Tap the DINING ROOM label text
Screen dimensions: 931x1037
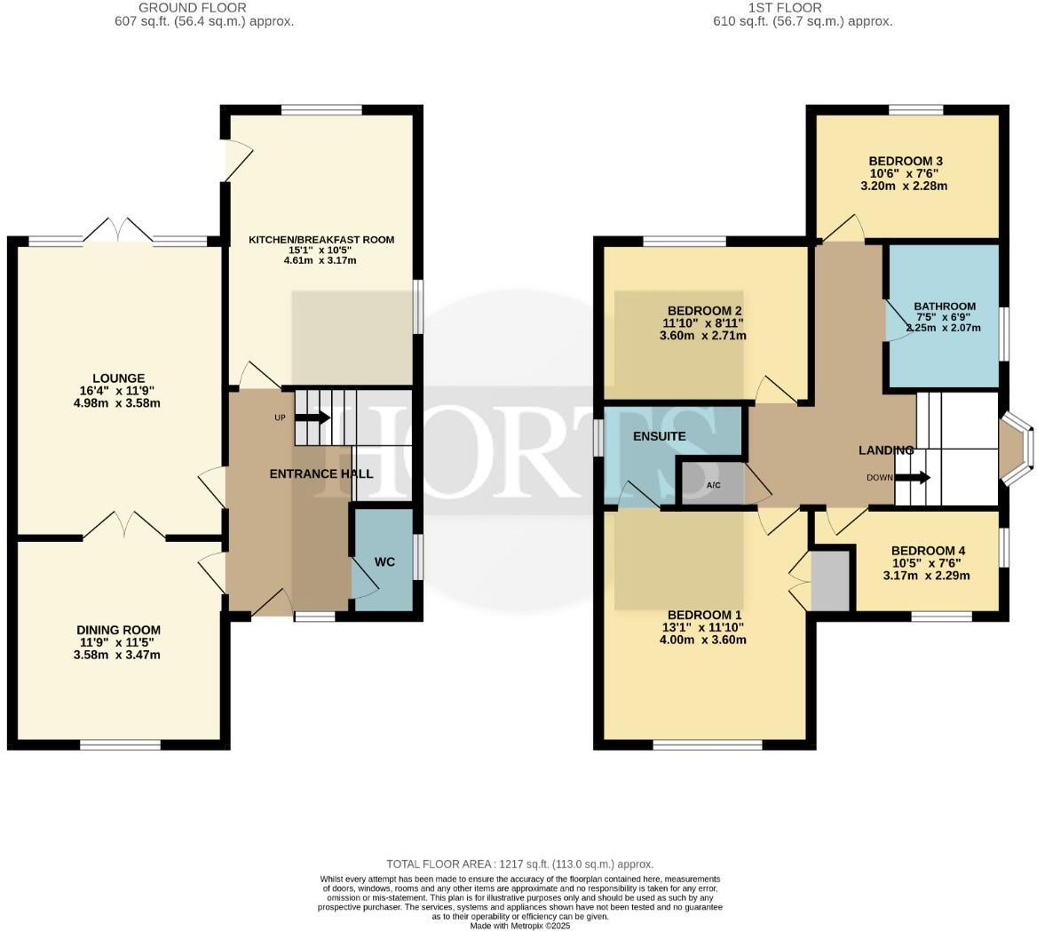(x=118, y=630)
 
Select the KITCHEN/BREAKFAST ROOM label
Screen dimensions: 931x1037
(x=321, y=240)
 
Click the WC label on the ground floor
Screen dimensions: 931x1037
(x=384, y=562)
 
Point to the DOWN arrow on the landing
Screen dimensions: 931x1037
(x=912, y=477)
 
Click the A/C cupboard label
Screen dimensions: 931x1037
(x=713, y=486)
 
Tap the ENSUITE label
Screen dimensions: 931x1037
(x=659, y=437)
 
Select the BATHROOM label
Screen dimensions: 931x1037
(x=945, y=306)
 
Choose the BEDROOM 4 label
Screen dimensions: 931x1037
(x=928, y=550)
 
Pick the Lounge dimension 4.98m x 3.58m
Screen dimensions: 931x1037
(x=123, y=403)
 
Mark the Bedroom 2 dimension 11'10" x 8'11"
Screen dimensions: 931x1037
(x=703, y=323)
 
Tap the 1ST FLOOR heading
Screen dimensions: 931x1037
(x=803, y=8)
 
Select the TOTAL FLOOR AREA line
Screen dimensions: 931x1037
(x=519, y=863)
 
